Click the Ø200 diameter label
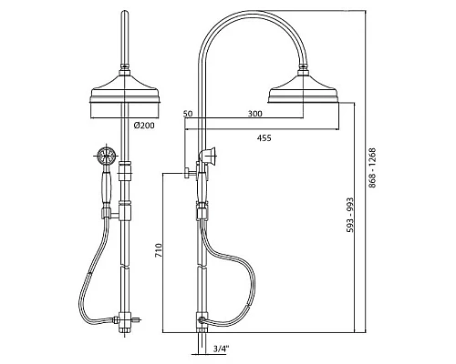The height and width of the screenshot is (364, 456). click(144, 125)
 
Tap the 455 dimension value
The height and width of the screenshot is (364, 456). click(264, 138)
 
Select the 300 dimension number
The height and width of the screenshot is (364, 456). click(254, 114)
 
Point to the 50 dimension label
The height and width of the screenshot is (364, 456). click(188, 114)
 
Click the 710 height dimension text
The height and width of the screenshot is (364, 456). click(159, 250)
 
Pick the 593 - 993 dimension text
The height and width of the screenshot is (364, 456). click(350, 215)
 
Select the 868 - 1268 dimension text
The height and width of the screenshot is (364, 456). click(372, 167)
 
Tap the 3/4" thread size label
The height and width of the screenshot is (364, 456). click(221, 349)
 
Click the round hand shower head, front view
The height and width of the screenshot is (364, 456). click(106, 156)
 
